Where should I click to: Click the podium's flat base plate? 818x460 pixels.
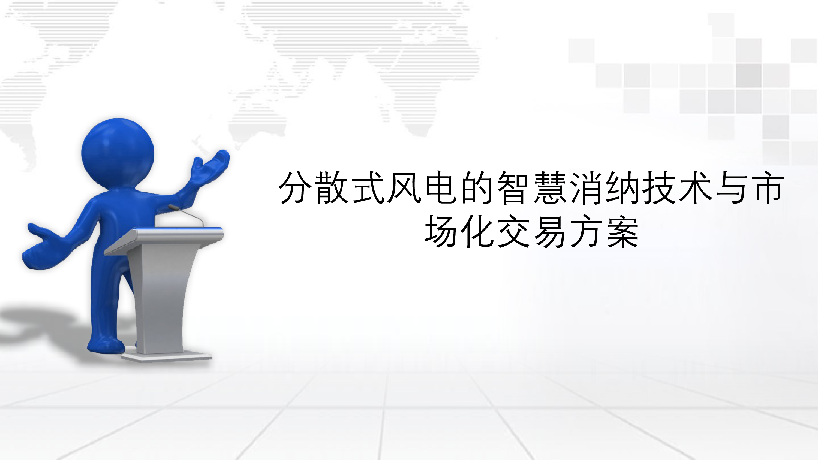pyautogui.click(x=167, y=357)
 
